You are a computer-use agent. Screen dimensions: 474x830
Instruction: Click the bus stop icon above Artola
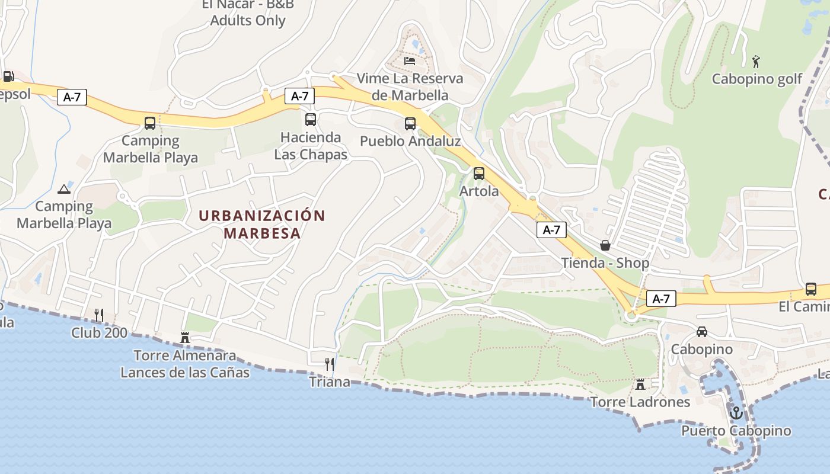[478, 174]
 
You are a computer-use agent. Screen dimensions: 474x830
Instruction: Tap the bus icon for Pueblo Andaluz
[410, 124]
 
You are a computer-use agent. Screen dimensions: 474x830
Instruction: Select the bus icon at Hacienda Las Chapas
[310, 120]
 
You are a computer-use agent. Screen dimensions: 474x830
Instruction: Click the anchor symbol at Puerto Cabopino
[736, 412]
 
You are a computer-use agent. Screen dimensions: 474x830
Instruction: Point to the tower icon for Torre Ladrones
[640, 384]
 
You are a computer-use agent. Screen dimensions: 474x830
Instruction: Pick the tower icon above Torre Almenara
[185, 338]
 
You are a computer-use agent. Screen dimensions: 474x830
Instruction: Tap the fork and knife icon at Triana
[330, 364]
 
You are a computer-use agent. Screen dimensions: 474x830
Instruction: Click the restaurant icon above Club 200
[99, 315]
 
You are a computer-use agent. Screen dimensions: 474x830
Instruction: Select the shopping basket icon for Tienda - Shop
[605, 245]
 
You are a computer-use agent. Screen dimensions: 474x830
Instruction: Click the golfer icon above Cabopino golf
[756, 61]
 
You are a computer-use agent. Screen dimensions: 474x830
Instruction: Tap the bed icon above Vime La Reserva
[410, 60]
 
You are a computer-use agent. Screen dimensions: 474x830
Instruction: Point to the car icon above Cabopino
[702, 332]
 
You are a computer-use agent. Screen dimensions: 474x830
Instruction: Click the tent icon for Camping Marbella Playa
[63, 190]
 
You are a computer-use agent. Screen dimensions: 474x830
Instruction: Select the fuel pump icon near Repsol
[8, 76]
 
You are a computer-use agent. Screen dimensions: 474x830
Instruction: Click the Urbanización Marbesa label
[262, 224]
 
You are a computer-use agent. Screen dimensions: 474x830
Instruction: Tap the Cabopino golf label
[757, 79]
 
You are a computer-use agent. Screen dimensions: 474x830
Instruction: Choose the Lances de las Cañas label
[185, 373]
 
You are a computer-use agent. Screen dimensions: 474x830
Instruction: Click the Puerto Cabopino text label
[736, 431]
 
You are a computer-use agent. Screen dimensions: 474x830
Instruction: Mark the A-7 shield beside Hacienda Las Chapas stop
[299, 96]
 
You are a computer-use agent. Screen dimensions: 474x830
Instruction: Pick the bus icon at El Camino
[810, 289]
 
